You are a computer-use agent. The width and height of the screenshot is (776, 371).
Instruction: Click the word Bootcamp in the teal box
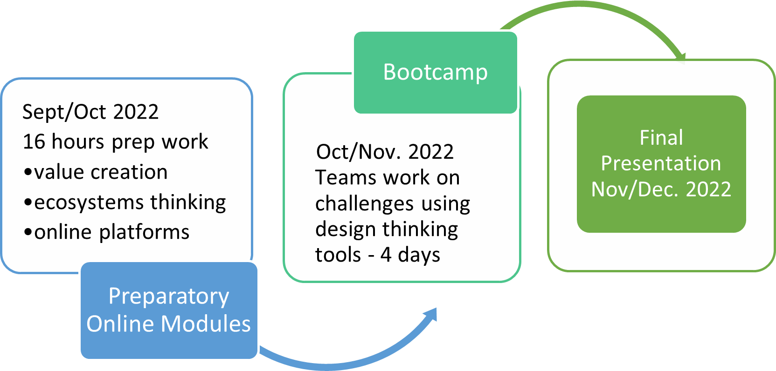tap(436, 73)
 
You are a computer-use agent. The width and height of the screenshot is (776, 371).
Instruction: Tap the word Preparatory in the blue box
tap(169, 297)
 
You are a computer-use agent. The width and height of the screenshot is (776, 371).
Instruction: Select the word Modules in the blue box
tap(206, 324)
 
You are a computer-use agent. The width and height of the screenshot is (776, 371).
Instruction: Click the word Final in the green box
tap(661, 138)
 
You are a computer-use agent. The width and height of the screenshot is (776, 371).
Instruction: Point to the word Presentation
tap(661, 163)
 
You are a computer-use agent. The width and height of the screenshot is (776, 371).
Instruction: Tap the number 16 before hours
tap(34, 142)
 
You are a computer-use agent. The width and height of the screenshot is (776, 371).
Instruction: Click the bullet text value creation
tap(101, 172)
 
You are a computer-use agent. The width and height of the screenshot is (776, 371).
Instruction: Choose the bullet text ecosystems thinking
tap(130, 202)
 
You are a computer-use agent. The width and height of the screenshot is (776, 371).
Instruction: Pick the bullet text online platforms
tap(112, 232)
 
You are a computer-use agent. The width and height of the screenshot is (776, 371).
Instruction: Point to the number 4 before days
tap(386, 255)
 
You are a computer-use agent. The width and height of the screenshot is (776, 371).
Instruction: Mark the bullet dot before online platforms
tap(28, 233)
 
